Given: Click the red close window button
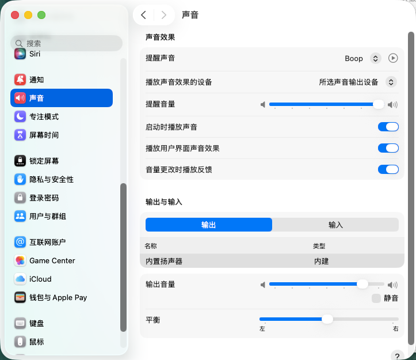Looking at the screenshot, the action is coord(15,15).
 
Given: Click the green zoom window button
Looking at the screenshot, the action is coord(41,15).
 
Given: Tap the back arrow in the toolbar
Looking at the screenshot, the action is coord(143,15).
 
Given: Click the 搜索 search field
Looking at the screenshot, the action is coord(66,43).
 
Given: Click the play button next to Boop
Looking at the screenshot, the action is coord(393,58).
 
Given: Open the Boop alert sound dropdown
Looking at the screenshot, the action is coord(375,58).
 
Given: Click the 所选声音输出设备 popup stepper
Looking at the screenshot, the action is coord(391,82).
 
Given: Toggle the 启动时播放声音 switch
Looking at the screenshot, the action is coord(388,127).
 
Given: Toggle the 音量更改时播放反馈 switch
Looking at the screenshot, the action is coord(388,169).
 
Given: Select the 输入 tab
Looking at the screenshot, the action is coord(335,225).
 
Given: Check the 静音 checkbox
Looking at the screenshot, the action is coord(376,298).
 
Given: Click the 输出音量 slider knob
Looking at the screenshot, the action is coord(362,284).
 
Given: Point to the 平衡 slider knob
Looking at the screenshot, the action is coord(327,319).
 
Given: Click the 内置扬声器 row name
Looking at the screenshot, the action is coord(164,261).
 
